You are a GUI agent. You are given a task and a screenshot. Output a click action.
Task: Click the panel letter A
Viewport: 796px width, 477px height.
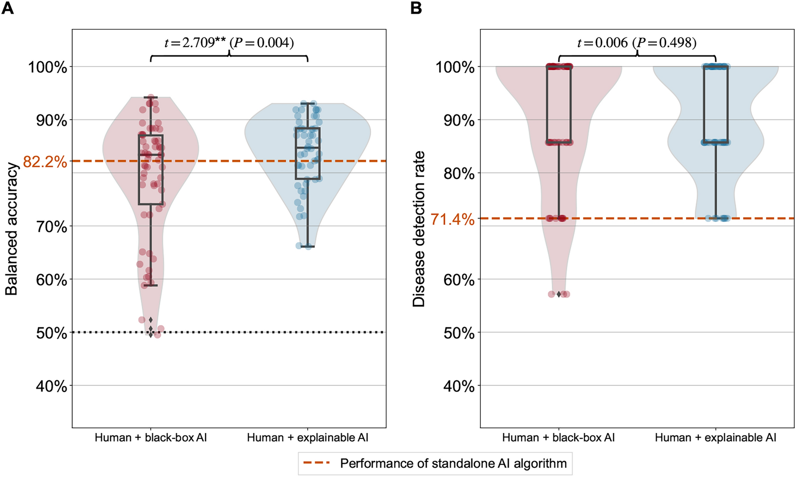tap(8, 8)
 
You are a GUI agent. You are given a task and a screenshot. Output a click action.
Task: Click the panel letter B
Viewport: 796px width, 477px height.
tap(416, 8)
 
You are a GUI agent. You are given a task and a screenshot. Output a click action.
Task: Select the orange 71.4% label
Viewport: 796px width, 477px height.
tap(452, 219)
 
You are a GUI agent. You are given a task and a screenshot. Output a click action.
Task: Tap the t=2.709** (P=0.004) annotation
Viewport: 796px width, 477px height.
tap(229, 43)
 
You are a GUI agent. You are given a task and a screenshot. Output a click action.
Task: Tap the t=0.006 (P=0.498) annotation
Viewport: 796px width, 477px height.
tap(637, 43)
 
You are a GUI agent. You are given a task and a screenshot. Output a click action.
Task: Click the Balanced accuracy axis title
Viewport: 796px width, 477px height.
tap(12, 228)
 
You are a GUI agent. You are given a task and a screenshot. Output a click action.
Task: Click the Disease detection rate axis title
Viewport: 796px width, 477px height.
tap(419, 228)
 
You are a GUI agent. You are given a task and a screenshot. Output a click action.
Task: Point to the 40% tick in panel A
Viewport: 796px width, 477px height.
tap(51, 386)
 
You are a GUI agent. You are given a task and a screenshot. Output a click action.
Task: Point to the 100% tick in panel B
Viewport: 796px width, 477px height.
tap(455, 67)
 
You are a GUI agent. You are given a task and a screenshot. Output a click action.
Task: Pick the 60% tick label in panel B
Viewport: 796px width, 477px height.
tap(459, 280)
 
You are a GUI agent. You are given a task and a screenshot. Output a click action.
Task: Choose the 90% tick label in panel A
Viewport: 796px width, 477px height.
tap(51, 120)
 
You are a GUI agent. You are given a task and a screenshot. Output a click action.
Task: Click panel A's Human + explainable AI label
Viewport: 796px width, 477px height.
tap(308, 437)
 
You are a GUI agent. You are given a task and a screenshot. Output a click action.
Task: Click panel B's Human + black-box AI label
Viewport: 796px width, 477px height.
tap(558, 437)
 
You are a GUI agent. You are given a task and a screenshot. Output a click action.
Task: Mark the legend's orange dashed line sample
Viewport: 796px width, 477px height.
tap(318, 463)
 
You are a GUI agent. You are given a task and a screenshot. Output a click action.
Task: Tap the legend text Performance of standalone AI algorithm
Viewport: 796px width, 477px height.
tap(453, 463)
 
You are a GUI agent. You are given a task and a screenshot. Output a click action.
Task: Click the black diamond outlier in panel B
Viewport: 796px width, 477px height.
tap(559, 294)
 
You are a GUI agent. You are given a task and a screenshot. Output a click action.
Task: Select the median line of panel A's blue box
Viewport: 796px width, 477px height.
tap(308, 147)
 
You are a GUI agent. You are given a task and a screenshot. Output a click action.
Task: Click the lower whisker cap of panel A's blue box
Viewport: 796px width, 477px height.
tap(308, 247)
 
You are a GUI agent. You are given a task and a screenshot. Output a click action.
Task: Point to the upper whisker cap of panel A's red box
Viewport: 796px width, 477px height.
tap(151, 97)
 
